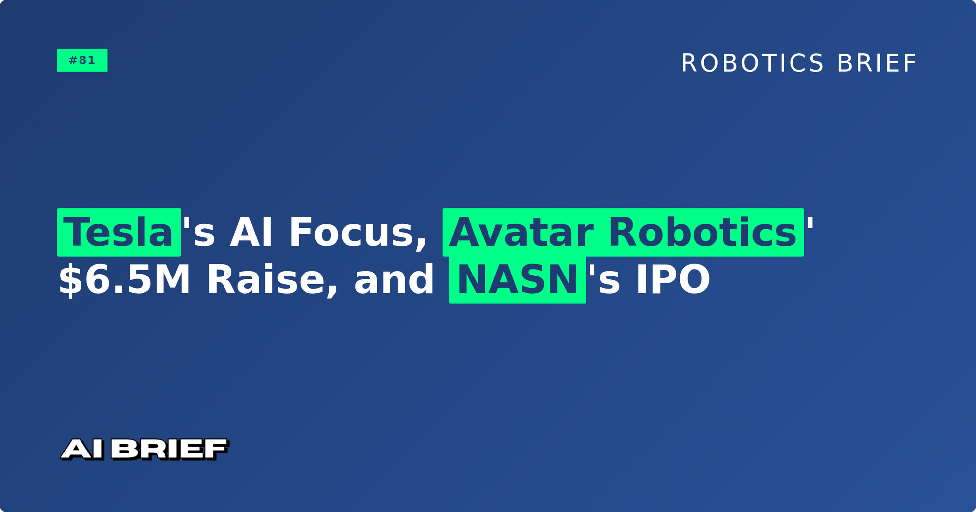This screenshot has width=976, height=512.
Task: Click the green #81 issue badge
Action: point(82,60)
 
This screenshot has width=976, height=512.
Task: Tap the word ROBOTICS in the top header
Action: point(752,63)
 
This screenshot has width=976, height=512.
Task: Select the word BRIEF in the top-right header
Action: point(877,63)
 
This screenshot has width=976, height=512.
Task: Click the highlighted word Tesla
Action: point(119,233)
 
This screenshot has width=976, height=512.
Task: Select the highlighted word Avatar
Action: point(521,233)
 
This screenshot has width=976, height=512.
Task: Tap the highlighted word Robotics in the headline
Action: point(703,233)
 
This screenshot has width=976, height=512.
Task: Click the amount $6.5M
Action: point(124,279)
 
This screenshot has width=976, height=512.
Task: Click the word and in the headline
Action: point(394,279)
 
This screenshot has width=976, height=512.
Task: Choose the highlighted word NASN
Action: point(517,279)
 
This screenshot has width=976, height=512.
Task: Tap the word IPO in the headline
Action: point(672,279)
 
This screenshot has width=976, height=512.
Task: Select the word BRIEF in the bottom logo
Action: point(169,449)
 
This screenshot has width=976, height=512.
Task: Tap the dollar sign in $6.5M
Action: point(70,280)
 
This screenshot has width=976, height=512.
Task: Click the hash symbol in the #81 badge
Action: point(73,60)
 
